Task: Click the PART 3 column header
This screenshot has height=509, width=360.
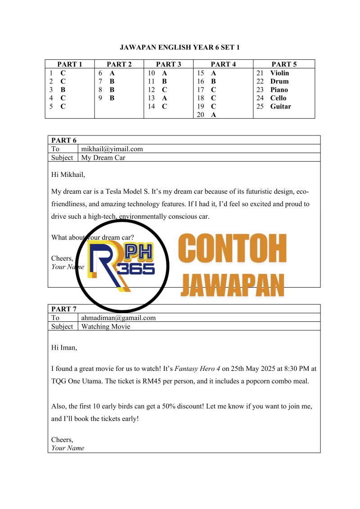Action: pyautogui.click(x=168, y=64)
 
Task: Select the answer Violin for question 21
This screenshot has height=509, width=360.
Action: pyautogui.click(x=279, y=73)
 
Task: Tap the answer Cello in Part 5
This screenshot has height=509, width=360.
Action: pyautogui.click(x=278, y=98)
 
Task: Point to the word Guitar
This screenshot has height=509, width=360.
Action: pyautogui.click(x=280, y=107)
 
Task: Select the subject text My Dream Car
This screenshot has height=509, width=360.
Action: pyautogui.click(x=103, y=158)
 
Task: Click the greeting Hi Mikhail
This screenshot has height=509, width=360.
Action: pyautogui.click(x=68, y=175)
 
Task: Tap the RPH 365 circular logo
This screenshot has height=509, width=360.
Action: pyautogui.click(x=122, y=266)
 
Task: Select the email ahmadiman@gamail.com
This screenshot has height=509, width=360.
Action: pyautogui.click(x=118, y=318)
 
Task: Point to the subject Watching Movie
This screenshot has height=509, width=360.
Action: pyautogui.click(x=105, y=326)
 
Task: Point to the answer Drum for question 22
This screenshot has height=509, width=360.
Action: pyautogui.click(x=279, y=81)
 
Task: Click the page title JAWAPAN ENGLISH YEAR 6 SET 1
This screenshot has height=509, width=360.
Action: pyautogui.click(x=180, y=47)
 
